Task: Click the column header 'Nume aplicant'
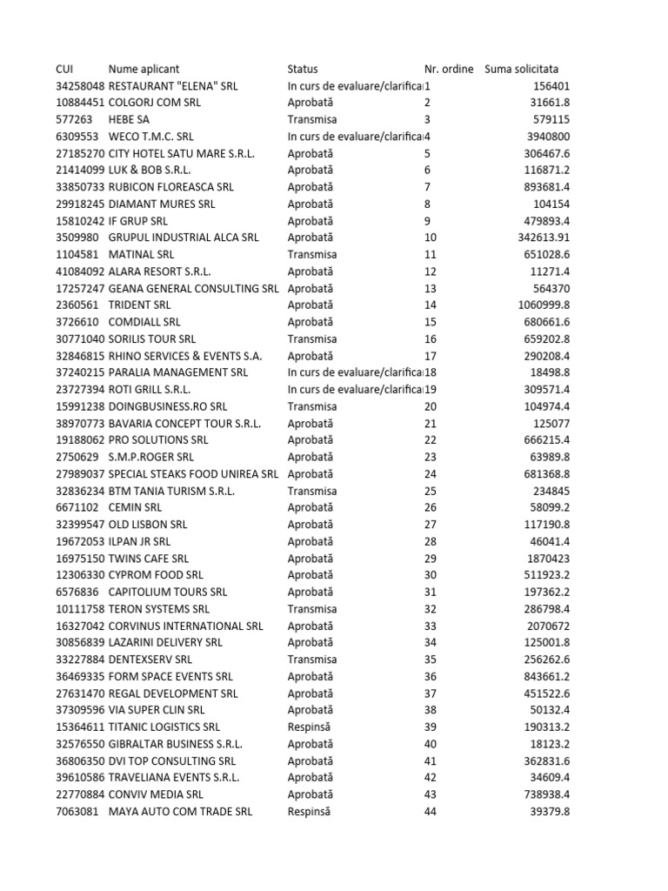(x=144, y=69)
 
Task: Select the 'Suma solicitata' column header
(x=522, y=69)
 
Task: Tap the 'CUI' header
(x=65, y=69)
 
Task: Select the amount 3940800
(x=545, y=137)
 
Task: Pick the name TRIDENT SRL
(x=139, y=305)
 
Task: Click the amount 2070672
(x=545, y=626)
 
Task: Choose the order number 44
(x=431, y=812)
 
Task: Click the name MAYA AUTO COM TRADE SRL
(x=180, y=812)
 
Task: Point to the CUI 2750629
(x=77, y=458)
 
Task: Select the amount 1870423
(x=545, y=559)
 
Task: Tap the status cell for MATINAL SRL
(x=312, y=255)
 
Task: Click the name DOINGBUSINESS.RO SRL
(x=168, y=406)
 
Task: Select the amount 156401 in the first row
(x=549, y=86)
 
